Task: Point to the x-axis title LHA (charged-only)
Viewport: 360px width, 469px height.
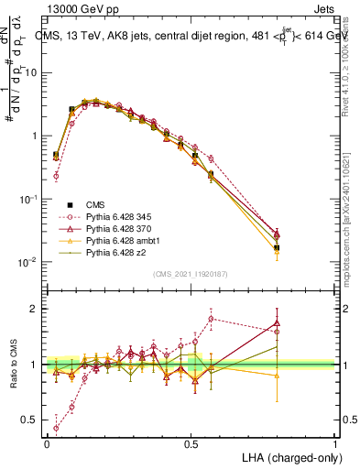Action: [291, 457]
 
